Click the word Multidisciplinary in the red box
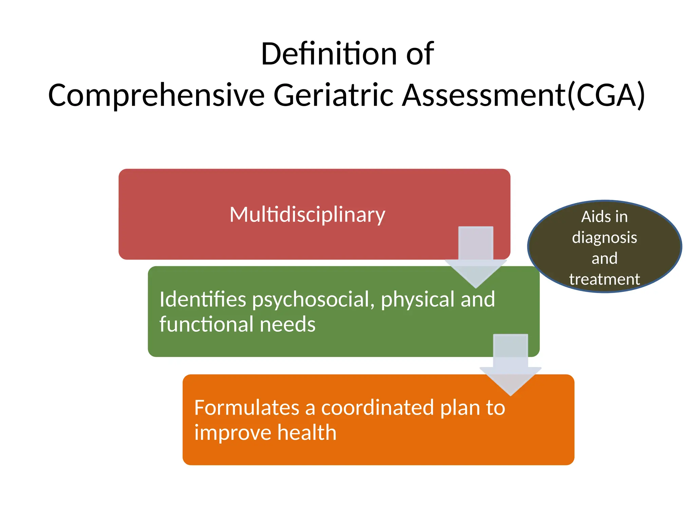[x=307, y=215]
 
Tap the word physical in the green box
[x=417, y=300]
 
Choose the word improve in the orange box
[x=232, y=433]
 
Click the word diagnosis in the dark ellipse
[x=604, y=238]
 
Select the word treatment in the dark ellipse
[x=604, y=279]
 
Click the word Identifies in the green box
[x=203, y=299]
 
